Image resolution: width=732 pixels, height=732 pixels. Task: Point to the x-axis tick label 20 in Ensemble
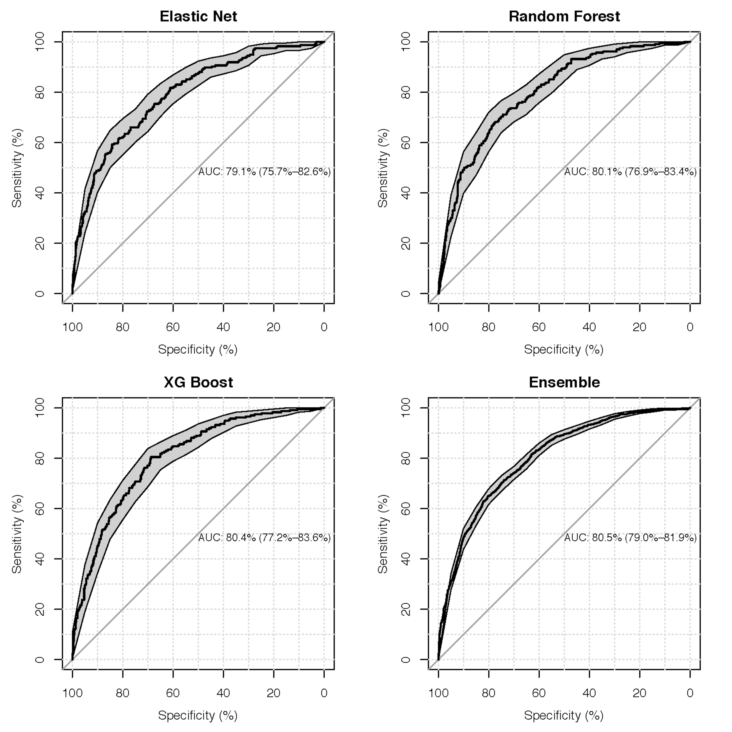640,693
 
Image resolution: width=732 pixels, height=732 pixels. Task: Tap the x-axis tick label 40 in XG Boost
223,693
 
